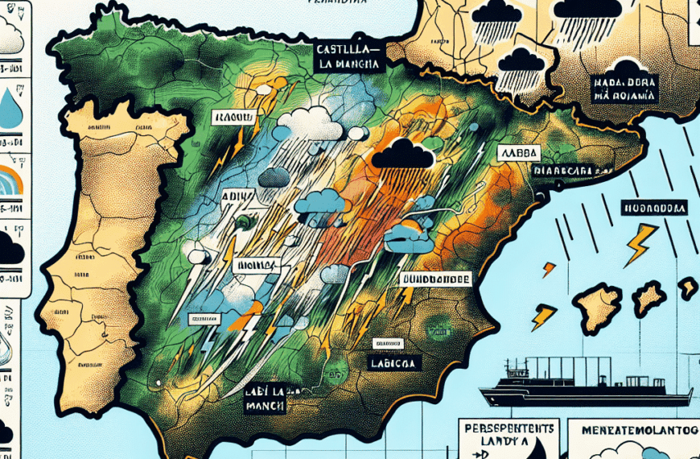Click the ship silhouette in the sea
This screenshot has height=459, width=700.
point(585,389)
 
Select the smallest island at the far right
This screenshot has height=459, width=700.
point(687,287)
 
